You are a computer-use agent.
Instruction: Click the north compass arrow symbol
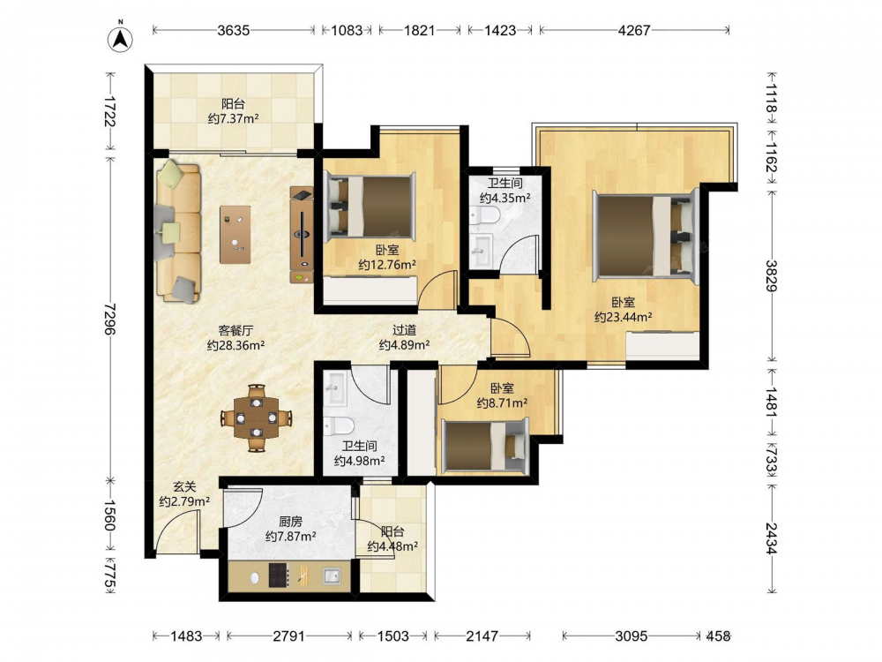(x=120, y=38)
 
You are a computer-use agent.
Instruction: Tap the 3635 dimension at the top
(x=234, y=30)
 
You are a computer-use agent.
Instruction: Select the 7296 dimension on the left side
(x=110, y=319)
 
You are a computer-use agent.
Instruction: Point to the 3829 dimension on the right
(x=771, y=275)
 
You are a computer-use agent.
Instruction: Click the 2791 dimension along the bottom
(x=288, y=636)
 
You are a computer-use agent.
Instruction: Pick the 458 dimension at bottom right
(x=718, y=636)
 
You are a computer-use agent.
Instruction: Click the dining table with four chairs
(x=257, y=418)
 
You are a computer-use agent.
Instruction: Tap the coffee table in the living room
(x=235, y=234)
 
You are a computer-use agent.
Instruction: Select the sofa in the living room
(x=178, y=231)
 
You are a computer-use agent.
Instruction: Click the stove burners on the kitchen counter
(x=279, y=575)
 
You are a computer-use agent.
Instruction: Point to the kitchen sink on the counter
(x=332, y=575)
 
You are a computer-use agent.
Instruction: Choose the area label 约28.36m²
(x=235, y=346)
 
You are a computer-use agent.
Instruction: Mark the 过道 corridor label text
(x=405, y=330)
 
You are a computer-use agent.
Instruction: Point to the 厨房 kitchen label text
(x=290, y=522)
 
